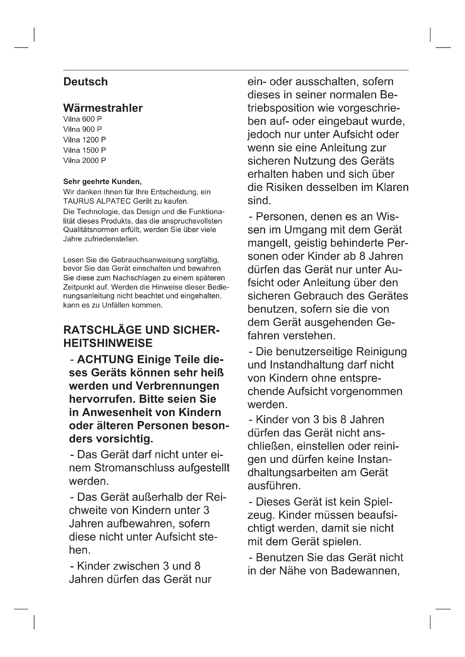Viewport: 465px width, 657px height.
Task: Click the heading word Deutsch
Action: tap(85, 82)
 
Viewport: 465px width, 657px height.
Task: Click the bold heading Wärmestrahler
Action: tap(103, 108)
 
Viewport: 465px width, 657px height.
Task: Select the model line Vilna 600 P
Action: tap(82, 119)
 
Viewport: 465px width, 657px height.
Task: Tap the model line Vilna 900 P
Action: tap(82, 129)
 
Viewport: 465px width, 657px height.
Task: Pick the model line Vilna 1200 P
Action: tap(84, 140)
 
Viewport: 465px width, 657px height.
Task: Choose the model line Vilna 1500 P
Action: tap(84, 150)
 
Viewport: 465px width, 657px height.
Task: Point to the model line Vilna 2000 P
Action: tap(84, 161)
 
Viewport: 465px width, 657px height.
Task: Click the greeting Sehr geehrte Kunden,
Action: tap(102, 181)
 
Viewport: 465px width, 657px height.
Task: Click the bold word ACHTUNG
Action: tap(105, 360)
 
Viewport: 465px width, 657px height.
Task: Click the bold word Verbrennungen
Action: tap(177, 386)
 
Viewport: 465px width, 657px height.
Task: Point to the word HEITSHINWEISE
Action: tap(108, 343)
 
